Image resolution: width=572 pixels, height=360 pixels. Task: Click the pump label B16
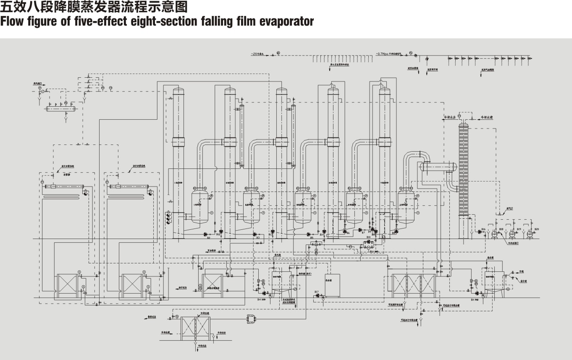pos(484,229)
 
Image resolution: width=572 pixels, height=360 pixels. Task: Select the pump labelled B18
pos(501,229)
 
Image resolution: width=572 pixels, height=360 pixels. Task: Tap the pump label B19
pos(519,229)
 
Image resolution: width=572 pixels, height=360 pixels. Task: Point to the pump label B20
pos(536,229)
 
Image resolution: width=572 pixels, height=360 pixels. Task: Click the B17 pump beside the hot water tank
pos(317,295)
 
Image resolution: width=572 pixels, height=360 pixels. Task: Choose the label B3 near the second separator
pos(258,238)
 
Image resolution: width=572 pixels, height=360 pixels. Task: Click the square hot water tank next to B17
pos(332,284)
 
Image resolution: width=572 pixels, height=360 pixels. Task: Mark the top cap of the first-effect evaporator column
pos(178,91)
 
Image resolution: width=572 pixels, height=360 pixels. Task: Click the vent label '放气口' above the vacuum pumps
pos(510,208)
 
